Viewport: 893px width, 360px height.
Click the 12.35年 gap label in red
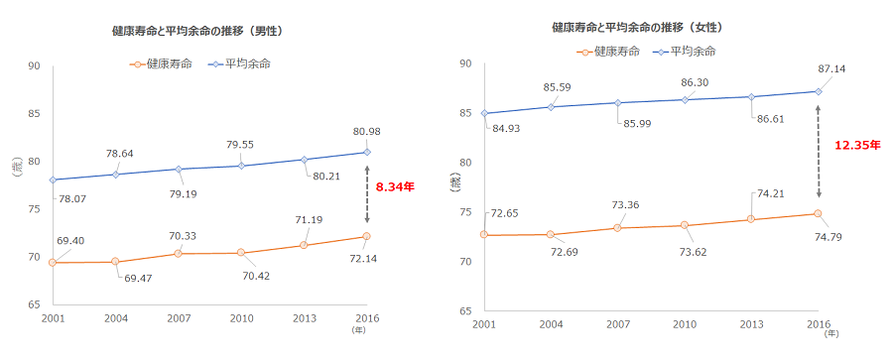click(x=857, y=145)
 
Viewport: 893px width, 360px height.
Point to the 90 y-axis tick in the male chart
click(x=34, y=66)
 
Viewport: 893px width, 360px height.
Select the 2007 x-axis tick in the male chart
click(x=178, y=317)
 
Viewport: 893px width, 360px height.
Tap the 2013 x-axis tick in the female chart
click(x=750, y=325)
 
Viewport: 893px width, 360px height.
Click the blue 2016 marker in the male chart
click(x=367, y=152)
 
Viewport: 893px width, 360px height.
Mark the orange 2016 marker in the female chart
click(x=818, y=213)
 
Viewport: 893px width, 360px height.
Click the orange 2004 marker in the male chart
click(x=115, y=262)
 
